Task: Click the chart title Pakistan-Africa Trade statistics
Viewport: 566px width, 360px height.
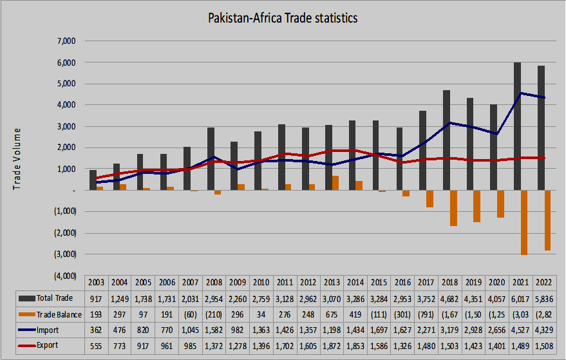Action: [x=283, y=19]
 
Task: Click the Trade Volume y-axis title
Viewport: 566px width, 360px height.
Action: [x=17, y=158]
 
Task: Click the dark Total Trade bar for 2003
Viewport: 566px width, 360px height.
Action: [x=93, y=180]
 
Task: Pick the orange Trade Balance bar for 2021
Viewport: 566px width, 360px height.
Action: [x=525, y=222]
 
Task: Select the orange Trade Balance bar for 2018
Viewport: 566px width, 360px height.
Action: [x=453, y=208]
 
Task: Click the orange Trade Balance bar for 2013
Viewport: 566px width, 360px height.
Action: [x=335, y=183]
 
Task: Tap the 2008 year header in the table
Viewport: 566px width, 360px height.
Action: [x=214, y=282]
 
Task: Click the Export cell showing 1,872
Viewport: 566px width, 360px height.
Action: [x=332, y=345]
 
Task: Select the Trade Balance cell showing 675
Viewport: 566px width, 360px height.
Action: [x=332, y=314]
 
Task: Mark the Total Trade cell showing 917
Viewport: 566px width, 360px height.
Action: [x=96, y=298]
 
